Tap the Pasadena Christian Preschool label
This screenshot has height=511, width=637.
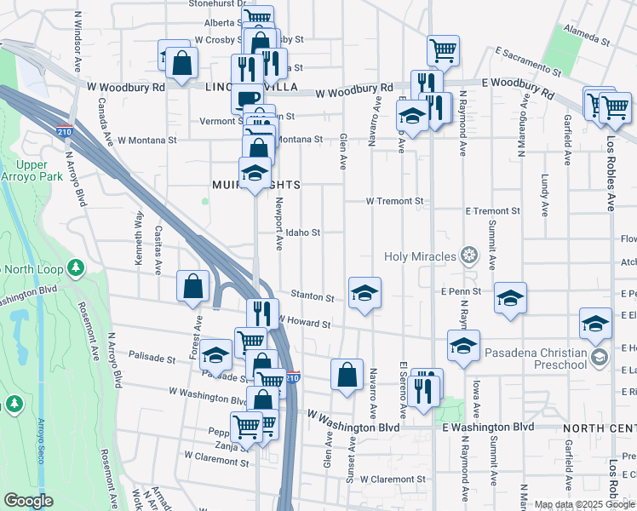[535, 359]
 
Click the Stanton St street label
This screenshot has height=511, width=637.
[313, 297]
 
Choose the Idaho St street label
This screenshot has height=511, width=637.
[302, 233]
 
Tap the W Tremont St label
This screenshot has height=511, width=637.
[394, 202]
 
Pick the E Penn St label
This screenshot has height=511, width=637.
[462, 291]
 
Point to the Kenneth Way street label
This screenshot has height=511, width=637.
[138, 239]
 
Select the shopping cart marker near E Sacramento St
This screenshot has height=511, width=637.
[443, 50]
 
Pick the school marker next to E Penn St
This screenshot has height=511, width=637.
[510, 297]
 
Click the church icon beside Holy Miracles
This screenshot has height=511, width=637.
[468, 255]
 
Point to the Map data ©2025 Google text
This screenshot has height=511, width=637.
[583, 504]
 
